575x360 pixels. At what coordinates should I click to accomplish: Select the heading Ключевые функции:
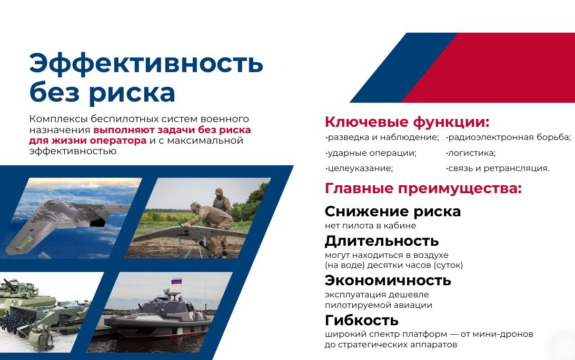click(407, 122)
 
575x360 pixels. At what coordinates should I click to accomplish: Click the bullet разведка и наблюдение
click(382, 137)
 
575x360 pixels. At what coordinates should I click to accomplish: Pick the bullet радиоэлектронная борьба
click(509, 138)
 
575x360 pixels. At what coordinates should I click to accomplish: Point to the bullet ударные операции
click(371, 153)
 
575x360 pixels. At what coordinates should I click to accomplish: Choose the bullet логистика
click(471, 153)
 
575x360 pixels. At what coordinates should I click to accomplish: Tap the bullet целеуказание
click(359, 168)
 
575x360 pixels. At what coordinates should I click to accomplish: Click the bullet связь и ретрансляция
click(498, 168)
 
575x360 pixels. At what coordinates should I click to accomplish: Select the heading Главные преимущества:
click(423, 188)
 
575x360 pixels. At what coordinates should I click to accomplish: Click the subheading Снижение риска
click(393, 212)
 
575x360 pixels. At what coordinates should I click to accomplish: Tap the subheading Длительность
click(382, 241)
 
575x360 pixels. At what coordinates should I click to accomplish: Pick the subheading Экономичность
click(388, 281)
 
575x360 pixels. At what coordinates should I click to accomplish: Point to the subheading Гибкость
click(362, 321)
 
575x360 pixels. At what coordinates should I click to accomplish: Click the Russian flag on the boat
click(176, 281)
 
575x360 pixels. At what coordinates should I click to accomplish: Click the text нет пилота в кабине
click(370, 225)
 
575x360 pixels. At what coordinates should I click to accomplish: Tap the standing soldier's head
click(219, 193)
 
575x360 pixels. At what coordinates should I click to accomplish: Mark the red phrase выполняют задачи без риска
click(172, 130)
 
